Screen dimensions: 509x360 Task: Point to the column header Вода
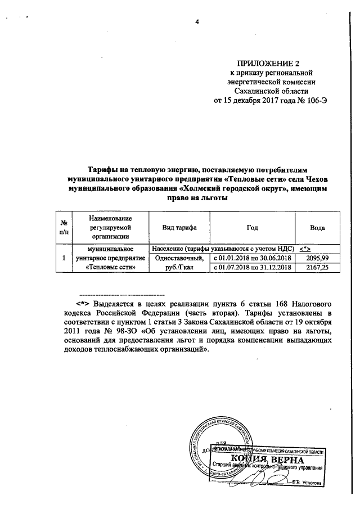tap(318, 228)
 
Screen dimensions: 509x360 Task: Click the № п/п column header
tap(65, 228)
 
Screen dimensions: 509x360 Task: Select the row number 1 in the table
tap(65, 258)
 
